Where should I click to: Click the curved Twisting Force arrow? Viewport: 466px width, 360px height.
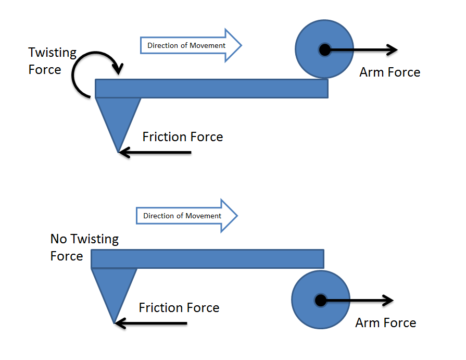click(x=78, y=78)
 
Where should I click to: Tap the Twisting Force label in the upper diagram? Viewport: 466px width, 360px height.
click(x=52, y=61)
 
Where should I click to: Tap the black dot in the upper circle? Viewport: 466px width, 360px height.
click(x=324, y=50)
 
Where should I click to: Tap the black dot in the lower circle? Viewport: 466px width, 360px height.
click(x=320, y=301)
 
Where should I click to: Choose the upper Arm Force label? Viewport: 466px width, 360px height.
click(x=389, y=72)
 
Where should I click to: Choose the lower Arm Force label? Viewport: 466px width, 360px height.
click(x=385, y=323)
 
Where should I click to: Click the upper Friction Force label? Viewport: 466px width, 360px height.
click(x=182, y=137)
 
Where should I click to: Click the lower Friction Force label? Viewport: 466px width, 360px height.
click(x=179, y=308)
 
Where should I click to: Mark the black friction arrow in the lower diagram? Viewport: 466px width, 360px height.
click(x=151, y=324)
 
